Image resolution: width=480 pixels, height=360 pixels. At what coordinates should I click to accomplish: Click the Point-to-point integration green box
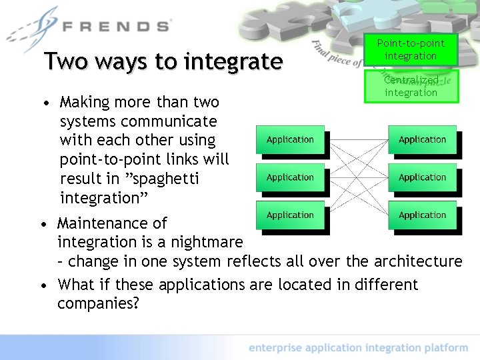(x=411, y=49)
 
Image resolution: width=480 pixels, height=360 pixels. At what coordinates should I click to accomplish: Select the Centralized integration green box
(x=411, y=86)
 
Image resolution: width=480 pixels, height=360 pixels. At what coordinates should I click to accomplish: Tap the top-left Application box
(x=290, y=140)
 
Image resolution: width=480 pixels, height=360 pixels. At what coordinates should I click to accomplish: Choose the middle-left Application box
(x=290, y=178)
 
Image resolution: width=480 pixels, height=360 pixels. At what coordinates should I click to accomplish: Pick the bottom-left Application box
(x=290, y=215)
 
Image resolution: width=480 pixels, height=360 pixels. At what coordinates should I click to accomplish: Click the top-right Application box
(x=422, y=140)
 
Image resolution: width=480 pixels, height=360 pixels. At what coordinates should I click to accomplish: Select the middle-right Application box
(x=422, y=178)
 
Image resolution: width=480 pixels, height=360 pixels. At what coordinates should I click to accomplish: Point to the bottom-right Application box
(x=422, y=215)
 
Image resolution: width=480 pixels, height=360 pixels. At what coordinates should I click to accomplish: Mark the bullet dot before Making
(x=45, y=104)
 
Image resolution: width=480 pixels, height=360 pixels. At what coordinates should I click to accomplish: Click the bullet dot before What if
(x=43, y=286)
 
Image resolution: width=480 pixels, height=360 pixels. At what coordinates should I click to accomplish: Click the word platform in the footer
(x=445, y=347)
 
